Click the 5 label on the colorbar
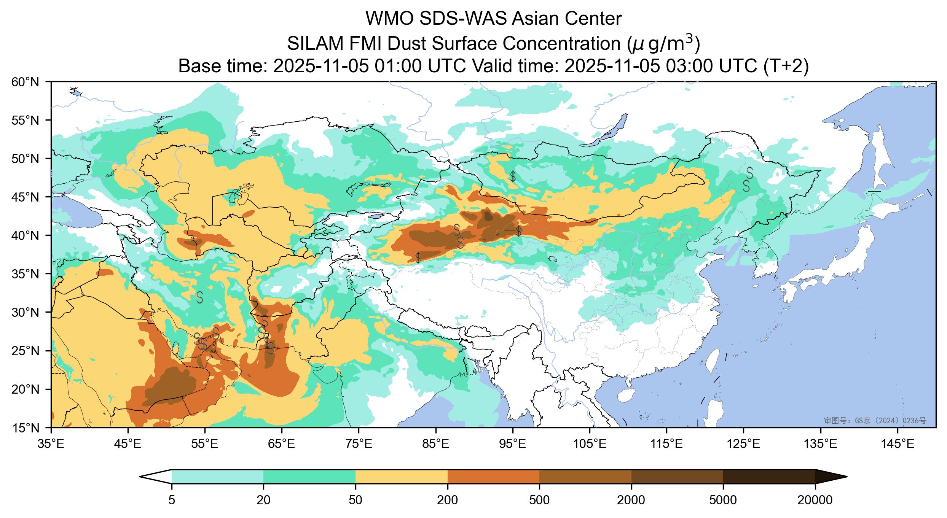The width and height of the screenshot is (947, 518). pos(172,500)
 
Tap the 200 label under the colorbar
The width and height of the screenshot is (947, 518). pos(448,500)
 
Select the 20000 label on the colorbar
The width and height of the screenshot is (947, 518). pos(815,500)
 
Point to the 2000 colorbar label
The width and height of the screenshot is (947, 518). pos(631,500)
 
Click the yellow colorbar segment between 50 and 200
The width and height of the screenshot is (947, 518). pos(402,477)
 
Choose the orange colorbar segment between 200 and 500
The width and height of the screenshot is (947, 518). pos(493,477)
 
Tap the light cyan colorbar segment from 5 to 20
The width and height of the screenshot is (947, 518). pos(217,477)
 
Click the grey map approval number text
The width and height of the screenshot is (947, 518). pos(875,420)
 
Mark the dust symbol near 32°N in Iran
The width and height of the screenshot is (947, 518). pos(199,297)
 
